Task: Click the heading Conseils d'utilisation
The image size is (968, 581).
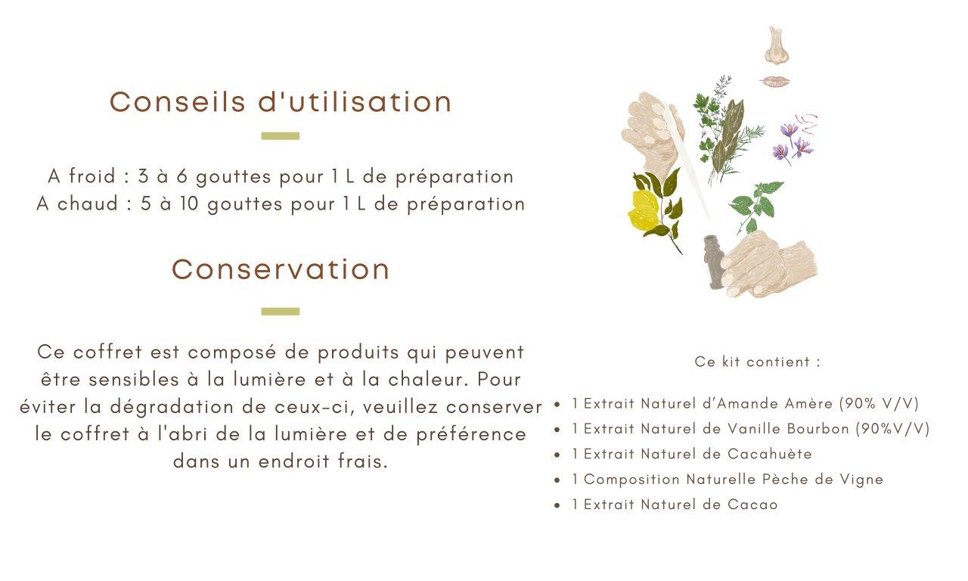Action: click(x=281, y=102)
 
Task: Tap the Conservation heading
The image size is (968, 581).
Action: click(x=281, y=269)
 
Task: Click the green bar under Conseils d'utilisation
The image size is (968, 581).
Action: click(x=281, y=136)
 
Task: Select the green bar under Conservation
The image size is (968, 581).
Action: click(x=281, y=311)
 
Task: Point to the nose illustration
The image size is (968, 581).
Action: click(x=777, y=45)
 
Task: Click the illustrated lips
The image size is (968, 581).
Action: click(x=775, y=81)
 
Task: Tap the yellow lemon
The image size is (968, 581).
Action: click(x=644, y=210)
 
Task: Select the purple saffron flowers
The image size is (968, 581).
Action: click(x=793, y=141)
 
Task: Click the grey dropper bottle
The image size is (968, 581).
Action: click(x=712, y=262)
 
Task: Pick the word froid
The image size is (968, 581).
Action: click(x=92, y=176)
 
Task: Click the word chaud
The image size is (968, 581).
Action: click(x=88, y=204)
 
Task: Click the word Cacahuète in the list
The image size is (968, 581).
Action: click(x=770, y=454)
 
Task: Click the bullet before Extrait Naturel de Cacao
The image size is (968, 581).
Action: click(x=557, y=505)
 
